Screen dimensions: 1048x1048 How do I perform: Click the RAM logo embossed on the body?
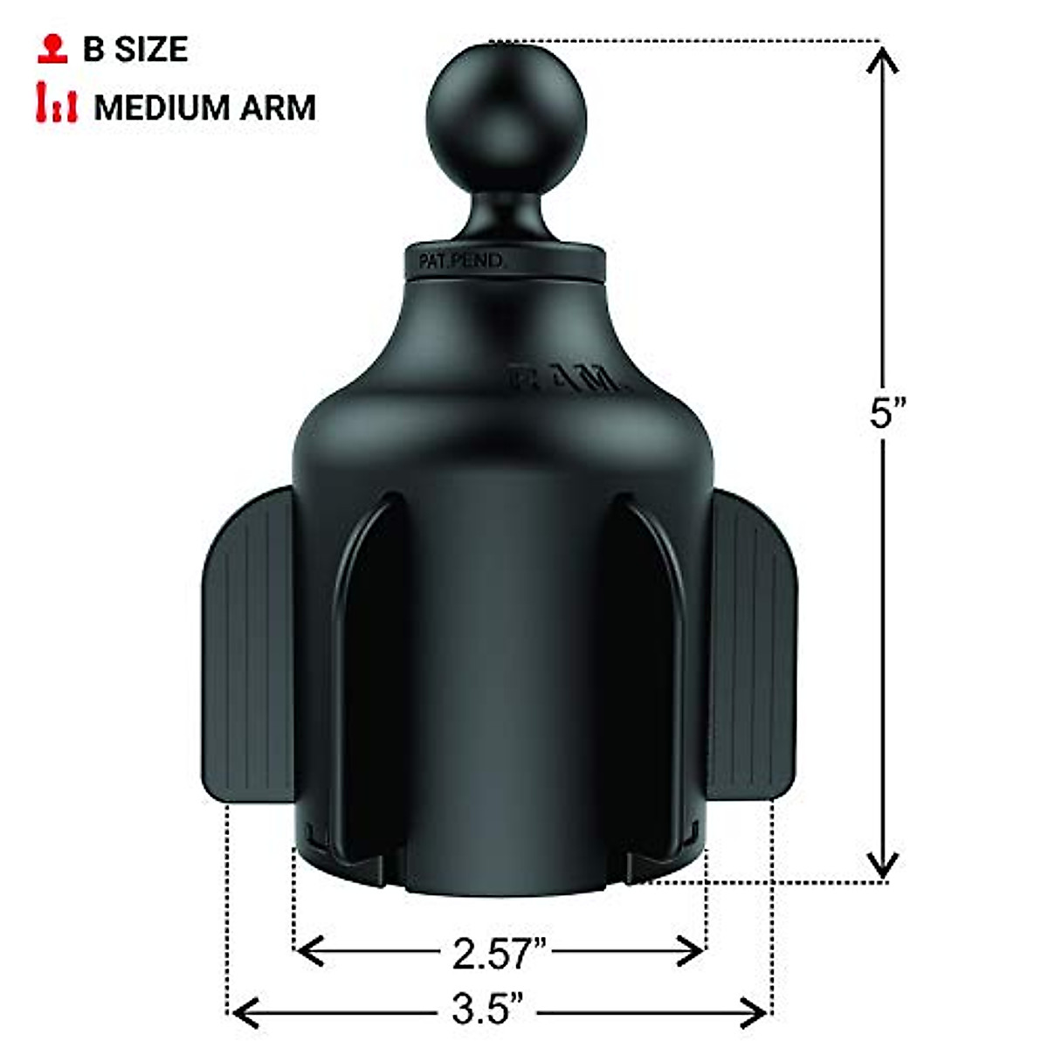pos(567,381)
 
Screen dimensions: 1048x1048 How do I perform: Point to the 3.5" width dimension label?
pos(487,1012)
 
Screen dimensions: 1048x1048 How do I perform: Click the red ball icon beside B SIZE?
pos(53,49)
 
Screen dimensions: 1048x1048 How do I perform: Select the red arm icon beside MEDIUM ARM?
pos(57,104)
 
